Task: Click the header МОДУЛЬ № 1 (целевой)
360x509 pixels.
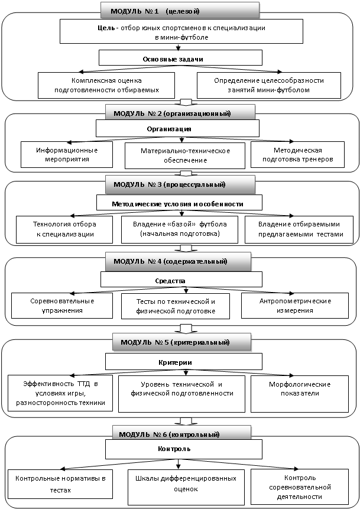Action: (180, 10)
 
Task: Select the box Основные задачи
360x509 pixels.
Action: (180, 58)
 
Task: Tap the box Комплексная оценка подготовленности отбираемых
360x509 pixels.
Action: (106, 85)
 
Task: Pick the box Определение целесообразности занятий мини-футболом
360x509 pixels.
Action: (269, 85)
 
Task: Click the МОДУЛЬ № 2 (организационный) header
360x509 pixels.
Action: (180, 114)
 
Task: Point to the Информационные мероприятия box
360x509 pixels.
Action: (67, 154)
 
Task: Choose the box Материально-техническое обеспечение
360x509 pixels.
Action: (185, 155)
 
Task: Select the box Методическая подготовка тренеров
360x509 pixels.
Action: (298, 154)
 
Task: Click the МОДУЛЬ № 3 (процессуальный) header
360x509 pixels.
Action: (180, 184)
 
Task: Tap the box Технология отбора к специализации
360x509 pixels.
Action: (64, 229)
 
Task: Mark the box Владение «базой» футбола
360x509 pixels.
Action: (180, 229)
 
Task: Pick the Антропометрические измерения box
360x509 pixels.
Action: (295, 306)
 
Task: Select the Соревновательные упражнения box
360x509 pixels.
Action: (62, 306)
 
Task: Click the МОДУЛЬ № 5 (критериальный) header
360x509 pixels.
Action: (182, 342)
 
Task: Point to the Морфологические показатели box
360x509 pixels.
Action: (300, 394)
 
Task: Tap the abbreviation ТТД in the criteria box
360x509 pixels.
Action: (83, 384)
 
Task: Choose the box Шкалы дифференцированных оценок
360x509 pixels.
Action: (186, 487)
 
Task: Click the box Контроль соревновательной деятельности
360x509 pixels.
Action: (300, 487)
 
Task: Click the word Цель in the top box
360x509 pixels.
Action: (106, 28)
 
